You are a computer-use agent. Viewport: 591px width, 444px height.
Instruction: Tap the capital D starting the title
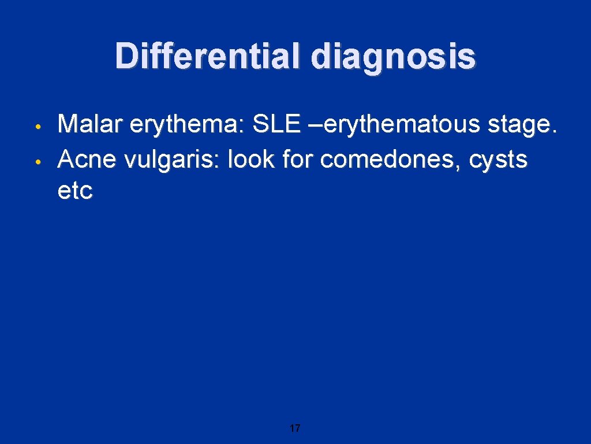pyautogui.click(x=125, y=57)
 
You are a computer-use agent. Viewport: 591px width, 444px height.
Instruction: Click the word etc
pyautogui.click(x=75, y=190)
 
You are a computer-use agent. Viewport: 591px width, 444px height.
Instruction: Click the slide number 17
pyautogui.click(x=295, y=428)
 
